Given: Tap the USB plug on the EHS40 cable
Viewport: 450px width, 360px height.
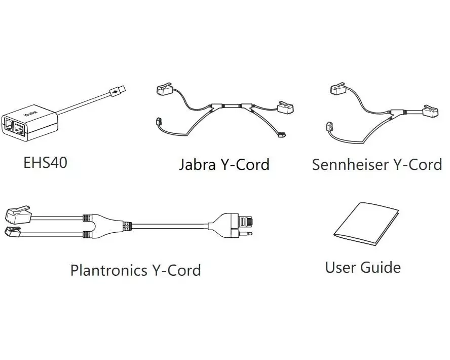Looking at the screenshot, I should tap(117, 92).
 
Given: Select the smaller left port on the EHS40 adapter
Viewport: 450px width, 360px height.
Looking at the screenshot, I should tap(9, 124).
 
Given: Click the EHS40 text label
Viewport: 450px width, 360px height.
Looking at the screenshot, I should tap(45, 162).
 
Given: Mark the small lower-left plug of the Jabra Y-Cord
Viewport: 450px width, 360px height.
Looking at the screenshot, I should tap(158, 122).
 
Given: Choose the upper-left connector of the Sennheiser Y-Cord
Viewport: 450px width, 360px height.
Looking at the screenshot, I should tap(339, 90).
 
